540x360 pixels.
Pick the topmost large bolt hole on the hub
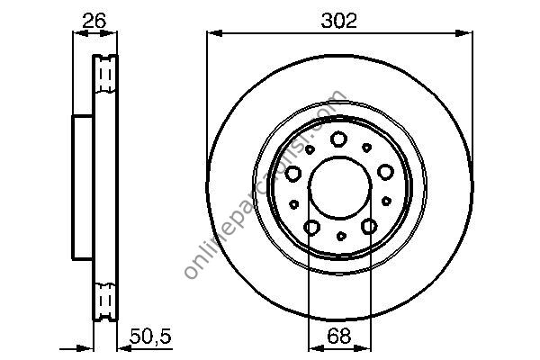tap(339, 138)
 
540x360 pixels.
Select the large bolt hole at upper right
tap(385, 171)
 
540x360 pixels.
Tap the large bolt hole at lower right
tap(369, 228)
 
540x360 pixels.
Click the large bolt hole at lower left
tap(311, 228)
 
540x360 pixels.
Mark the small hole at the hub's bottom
tap(340, 236)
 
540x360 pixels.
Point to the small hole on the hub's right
tap(387, 202)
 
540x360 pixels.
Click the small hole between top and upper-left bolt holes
tap(310, 149)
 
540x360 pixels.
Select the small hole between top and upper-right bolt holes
tap(366, 146)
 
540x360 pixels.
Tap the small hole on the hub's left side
tap(293, 203)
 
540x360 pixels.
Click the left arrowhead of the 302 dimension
tap(212, 34)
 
